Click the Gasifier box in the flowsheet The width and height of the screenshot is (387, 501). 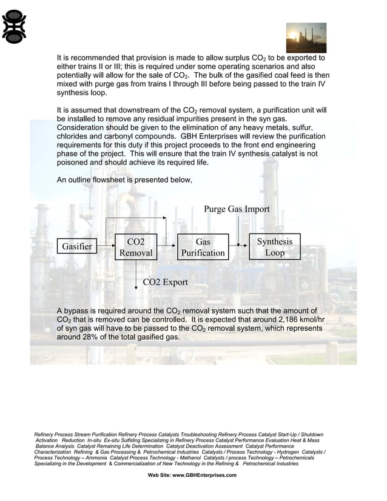[x=76, y=246]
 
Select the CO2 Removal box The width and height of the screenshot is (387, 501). [x=135, y=247]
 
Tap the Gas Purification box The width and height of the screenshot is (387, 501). [x=203, y=247]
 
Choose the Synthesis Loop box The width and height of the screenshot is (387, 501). [x=274, y=247]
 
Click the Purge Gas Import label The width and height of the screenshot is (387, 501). [x=237, y=209]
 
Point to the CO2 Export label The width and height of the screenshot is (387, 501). [x=165, y=282]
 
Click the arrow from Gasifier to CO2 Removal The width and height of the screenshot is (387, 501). [x=106, y=246]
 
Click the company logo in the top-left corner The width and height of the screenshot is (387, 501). [x=15, y=29]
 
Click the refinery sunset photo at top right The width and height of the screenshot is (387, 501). [x=306, y=38]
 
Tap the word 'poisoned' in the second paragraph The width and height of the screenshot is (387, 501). [x=75, y=163]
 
